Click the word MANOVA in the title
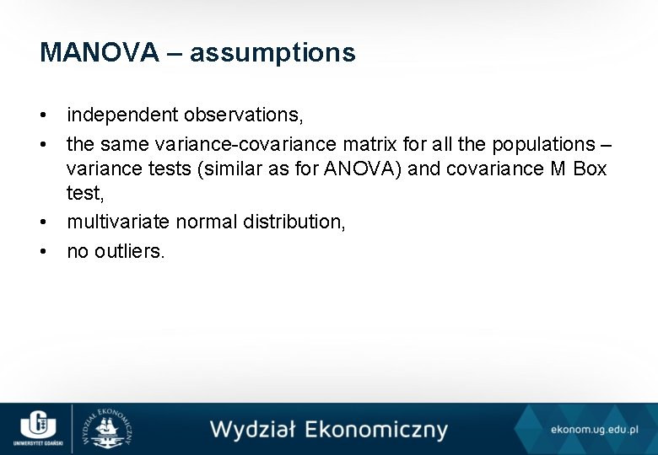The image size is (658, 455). click(99, 53)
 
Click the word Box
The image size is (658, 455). click(589, 169)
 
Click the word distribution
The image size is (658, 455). click(293, 222)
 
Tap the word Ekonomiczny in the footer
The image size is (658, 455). click(375, 430)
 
